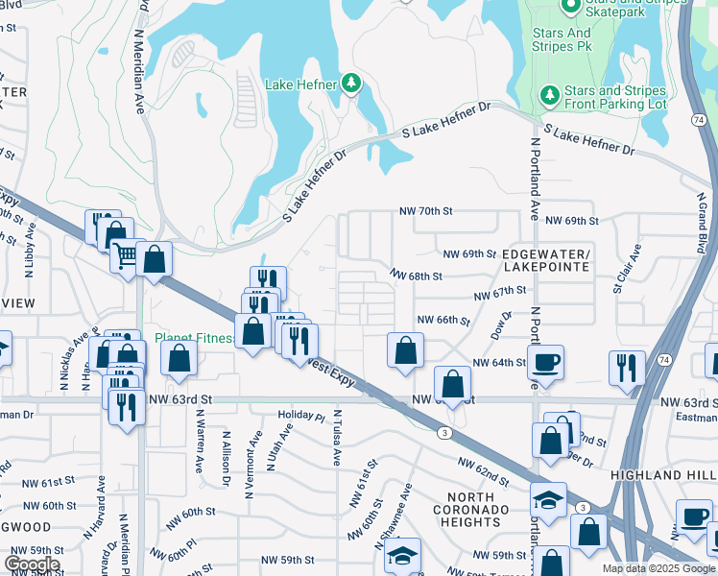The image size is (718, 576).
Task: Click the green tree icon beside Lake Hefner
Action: (x=352, y=84)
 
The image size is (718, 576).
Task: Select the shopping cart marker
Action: (x=127, y=255)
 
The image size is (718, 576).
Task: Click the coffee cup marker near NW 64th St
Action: (x=546, y=363)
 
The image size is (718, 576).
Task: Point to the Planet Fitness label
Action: (x=195, y=338)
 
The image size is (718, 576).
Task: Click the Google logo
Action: (x=32, y=564)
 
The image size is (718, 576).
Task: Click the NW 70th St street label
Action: (x=426, y=211)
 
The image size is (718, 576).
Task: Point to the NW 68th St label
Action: (x=416, y=276)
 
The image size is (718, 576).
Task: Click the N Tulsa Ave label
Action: (x=338, y=439)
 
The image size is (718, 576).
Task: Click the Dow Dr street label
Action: (x=497, y=324)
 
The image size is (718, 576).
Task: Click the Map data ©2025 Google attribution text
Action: (x=658, y=568)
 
